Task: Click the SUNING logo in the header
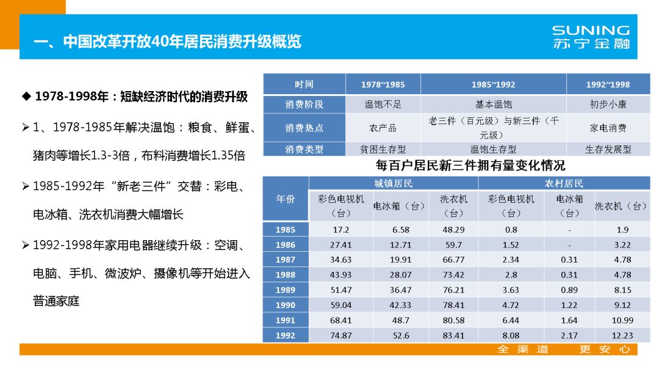(590, 37)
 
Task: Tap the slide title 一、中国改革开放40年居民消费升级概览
(167, 42)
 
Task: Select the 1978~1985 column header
(383, 84)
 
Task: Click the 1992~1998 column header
(608, 84)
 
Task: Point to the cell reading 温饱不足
(383, 104)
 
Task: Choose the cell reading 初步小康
(608, 104)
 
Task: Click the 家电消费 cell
(608, 128)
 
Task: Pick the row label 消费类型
(304, 149)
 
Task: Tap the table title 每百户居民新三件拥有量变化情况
(470, 165)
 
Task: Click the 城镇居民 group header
(393, 183)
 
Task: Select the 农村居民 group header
(564, 183)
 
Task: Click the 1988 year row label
(285, 275)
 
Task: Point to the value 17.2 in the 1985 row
(341, 230)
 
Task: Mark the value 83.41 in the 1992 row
(453, 336)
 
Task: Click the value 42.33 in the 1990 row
(400, 305)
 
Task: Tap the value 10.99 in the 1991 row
(622, 320)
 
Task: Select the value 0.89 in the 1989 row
(569, 290)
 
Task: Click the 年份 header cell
(285, 199)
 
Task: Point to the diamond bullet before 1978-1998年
(26, 97)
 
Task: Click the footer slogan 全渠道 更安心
(563, 350)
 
